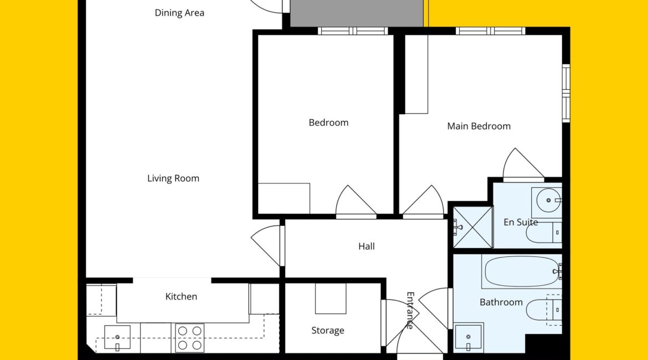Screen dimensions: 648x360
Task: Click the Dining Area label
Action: point(179,13)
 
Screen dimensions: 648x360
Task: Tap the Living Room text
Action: point(173,178)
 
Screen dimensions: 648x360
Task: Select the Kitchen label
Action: point(181,296)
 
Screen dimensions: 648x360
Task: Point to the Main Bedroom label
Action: point(479,126)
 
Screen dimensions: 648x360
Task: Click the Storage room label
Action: point(328,330)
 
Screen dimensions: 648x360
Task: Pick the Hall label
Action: point(367,246)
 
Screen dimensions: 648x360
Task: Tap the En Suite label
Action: point(521,222)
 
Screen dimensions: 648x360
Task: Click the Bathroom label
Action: point(501,302)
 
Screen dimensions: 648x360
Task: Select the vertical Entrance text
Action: point(410,310)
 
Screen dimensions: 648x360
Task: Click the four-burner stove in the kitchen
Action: point(189,338)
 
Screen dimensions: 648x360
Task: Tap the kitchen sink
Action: point(117,338)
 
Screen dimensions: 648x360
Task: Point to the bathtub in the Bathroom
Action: point(522,271)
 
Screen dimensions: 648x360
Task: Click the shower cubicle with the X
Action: point(473,227)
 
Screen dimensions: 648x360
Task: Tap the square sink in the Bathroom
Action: point(468,337)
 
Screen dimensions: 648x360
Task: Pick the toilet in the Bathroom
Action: point(544,310)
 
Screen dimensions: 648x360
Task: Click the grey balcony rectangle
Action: point(357,13)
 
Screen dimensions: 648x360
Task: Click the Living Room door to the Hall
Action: point(266,245)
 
